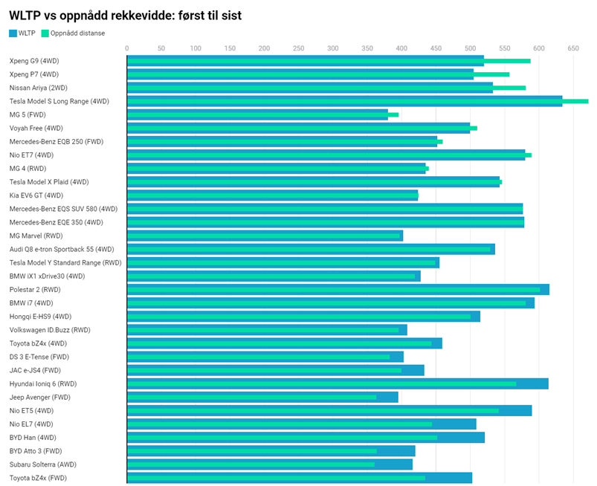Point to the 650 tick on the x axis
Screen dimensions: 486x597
point(572,48)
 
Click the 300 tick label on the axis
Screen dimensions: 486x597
point(333,48)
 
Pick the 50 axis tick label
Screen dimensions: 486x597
point(161,48)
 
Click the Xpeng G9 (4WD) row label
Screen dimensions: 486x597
point(34,61)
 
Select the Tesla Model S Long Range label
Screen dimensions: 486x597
point(59,101)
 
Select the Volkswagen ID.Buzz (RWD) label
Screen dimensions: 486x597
point(50,330)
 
